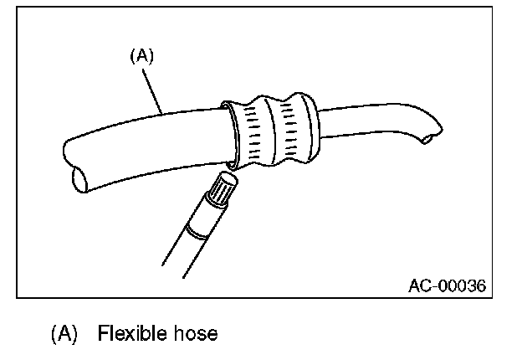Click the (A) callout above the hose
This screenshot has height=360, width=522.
(x=141, y=56)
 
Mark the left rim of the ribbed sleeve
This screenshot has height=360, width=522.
(x=229, y=132)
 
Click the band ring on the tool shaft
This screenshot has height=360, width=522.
(x=199, y=230)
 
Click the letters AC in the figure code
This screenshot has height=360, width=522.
(x=419, y=285)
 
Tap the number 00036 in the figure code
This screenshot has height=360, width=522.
(x=461, y=285)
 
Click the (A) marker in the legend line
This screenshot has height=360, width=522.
(x=64, y=334)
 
